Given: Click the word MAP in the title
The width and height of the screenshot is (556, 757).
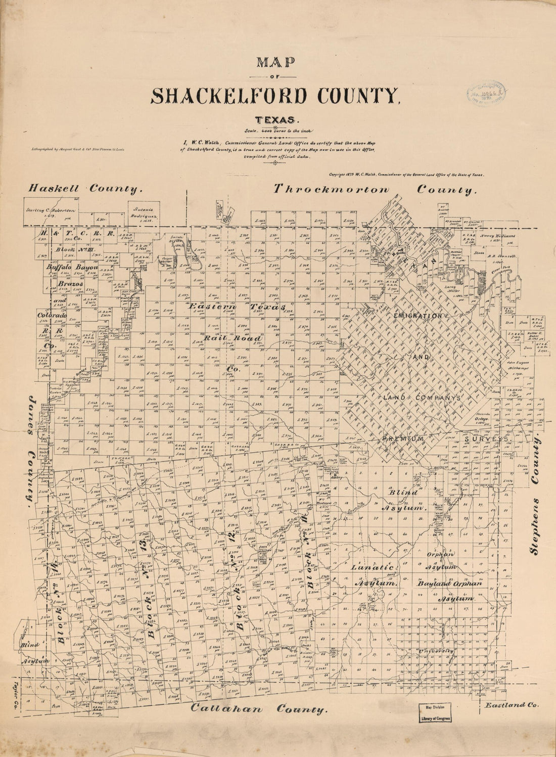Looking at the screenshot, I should [x=276, y=62].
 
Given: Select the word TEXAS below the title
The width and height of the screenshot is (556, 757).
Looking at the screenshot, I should [x=276, y=120].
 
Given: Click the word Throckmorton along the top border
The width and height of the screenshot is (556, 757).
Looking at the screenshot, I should [x=332, y=189].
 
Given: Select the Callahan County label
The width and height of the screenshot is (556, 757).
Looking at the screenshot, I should [x=258, y=709].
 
